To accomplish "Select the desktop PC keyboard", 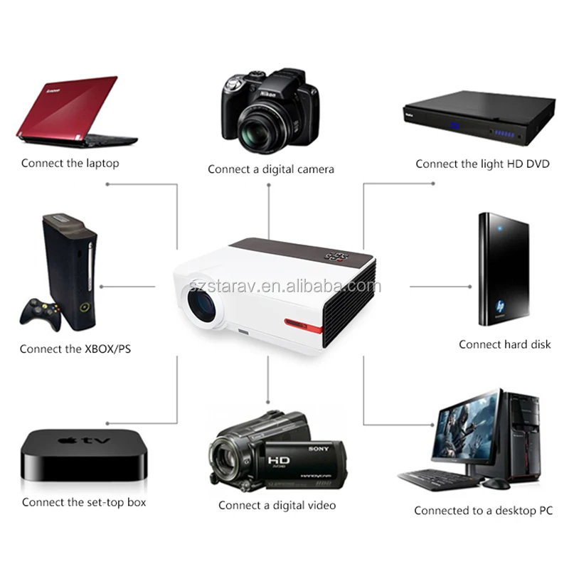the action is click(433, 477).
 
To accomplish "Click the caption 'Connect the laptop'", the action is click(70, 163).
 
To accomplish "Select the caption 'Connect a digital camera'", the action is click(270, 169).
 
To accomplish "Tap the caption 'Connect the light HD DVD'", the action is click(482, 164).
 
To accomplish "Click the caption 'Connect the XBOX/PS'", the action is click(75, 349).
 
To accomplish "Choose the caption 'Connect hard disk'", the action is click(504, 344).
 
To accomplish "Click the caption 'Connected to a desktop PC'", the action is click(483, 511).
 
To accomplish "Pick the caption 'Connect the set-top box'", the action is click(83, 502).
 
